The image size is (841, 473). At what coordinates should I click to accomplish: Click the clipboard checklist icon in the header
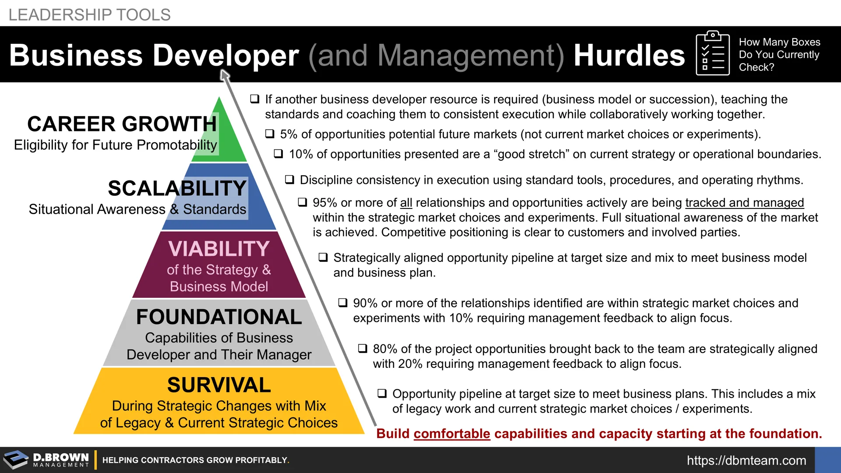click(x=713, y=53)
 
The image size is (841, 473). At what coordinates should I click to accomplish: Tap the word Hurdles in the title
click(x=629, y=55)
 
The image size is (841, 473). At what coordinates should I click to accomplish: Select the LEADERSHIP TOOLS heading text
click(x=89, y=15)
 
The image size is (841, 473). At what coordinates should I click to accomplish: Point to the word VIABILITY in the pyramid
click(x=219, y=249)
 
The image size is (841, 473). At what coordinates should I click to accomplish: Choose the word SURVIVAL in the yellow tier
click(x=219, y=385)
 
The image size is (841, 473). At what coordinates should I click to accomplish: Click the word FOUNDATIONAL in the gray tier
click(x=219, y=317)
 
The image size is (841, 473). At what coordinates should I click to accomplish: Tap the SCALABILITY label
click(x=177, y=188)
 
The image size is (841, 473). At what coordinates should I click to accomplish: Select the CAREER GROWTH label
click(x=122, y=124)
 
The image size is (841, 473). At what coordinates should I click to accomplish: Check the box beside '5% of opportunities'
click(x=270, y=134)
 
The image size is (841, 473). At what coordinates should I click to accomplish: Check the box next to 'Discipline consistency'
click(x=290, y=180)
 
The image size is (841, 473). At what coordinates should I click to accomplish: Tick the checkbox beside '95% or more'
click(x=303, y=202)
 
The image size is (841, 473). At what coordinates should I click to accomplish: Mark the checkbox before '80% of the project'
click(x=363, y=349)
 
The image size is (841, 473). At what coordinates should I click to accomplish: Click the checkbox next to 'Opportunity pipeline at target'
click(x=382, y=393)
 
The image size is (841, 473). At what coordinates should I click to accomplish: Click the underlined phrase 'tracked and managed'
click(x=745, y=203)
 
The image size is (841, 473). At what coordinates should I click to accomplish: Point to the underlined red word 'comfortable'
click(x=452, y=434)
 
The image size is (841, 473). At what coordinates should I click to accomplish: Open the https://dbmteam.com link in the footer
click(x=746, y=460)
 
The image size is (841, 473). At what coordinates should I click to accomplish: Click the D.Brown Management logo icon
click(x=16, y=460)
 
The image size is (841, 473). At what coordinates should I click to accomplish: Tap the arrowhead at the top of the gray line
click(x=224, y=75)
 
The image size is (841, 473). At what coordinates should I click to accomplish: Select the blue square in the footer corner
click(x=828, y=460)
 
